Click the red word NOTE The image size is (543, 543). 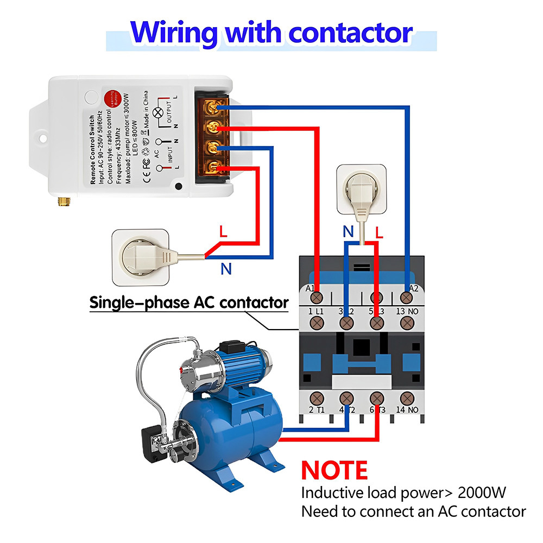click(334, 470)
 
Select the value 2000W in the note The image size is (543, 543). click(482, 493)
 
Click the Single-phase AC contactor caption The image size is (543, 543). click(188, 302)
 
